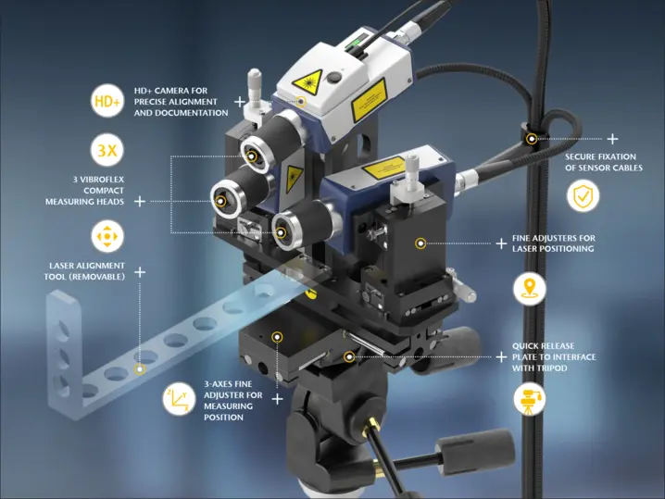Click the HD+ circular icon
[x=107, y=101]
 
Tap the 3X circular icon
[x=107, y=150]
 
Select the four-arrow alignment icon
[x=107, y=236]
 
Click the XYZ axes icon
[x=179, y=398]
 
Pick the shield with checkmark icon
[x=583, y=196]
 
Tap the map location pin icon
[x=529, y=289]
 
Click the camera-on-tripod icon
[x=529, y=399]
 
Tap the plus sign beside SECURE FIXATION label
[x=612, y=139]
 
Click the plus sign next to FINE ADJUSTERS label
[x=501, y=243]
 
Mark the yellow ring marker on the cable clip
[x=532, y=139]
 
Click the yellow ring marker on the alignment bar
[x=140, y=369]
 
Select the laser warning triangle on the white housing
[x=307, y=80]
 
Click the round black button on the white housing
[x=334, y=77]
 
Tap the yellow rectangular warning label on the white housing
[x=369, y=100]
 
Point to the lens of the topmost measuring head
[x=252, y=156]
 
